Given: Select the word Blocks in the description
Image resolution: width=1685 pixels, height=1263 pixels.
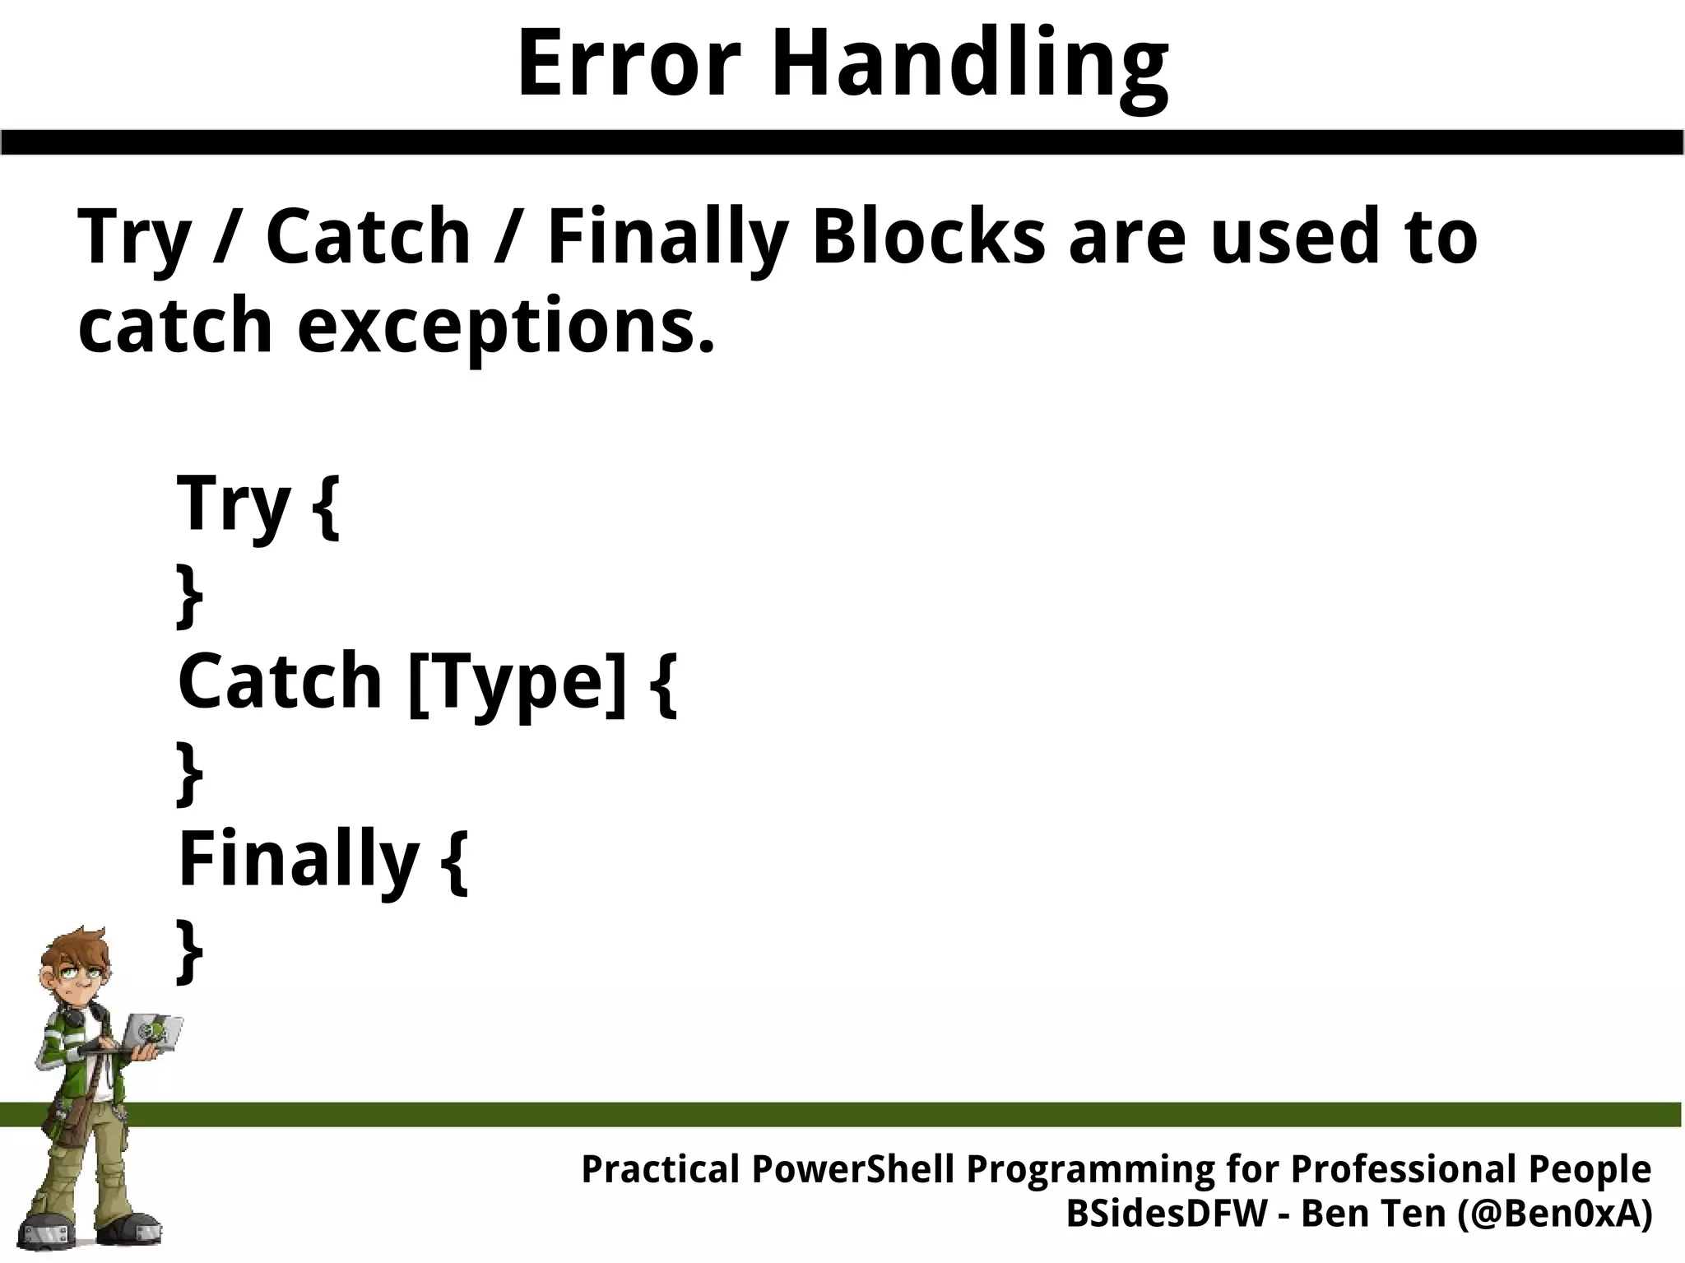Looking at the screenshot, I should pyautogui.click(x=928, y=236).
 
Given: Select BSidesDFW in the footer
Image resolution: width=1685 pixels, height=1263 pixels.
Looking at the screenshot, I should pyautogui.click(x=1167, y=1214).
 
